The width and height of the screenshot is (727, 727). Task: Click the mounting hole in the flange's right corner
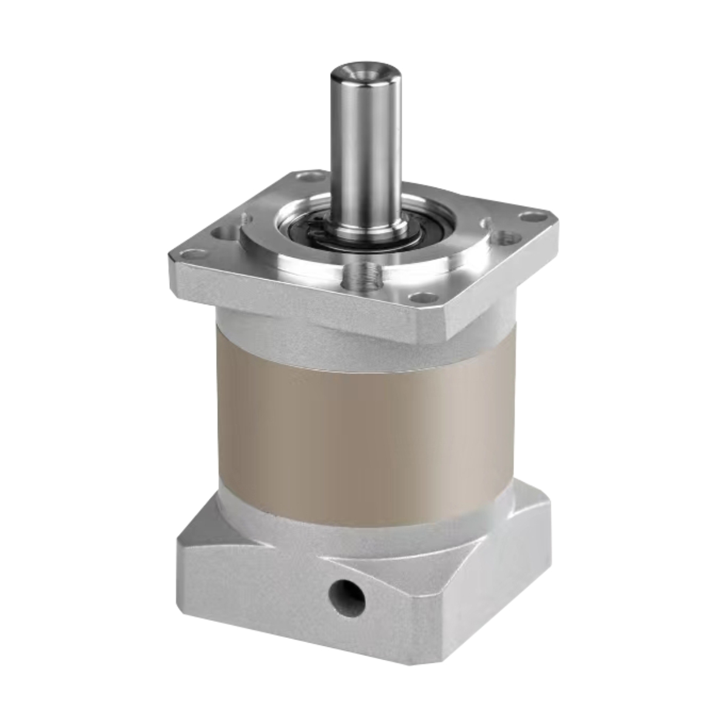point(532,216)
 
